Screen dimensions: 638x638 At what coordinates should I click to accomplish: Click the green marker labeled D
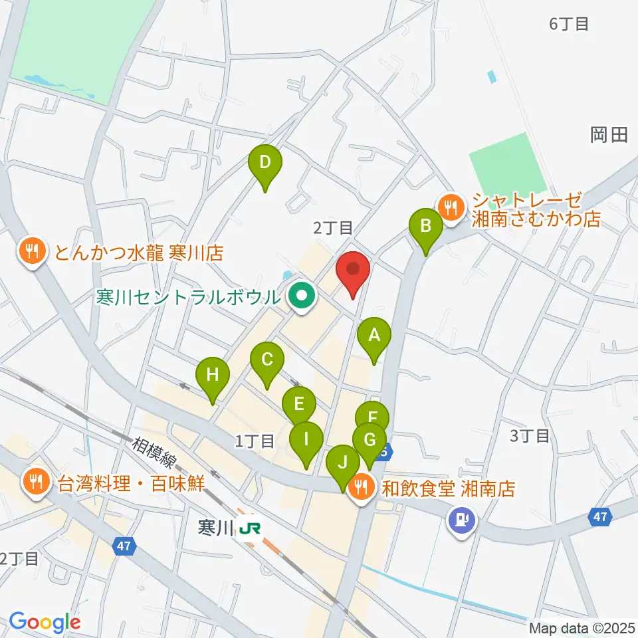click(265, 163)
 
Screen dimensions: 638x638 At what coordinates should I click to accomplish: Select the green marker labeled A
click(374, 336)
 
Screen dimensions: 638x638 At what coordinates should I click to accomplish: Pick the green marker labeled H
click(212, 375)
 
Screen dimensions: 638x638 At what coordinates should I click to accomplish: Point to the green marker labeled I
click(306, 440)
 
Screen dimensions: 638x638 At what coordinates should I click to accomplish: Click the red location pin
click(353, 270)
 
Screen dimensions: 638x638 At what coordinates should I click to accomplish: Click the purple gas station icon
click(461, 517)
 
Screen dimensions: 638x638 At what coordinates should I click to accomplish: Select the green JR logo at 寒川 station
click(251, 528)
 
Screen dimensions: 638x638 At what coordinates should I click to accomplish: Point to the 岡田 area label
click(608, 136)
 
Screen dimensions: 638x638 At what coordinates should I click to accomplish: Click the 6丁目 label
click(569, 25)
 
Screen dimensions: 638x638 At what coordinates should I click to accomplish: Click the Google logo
click(45, 623)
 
